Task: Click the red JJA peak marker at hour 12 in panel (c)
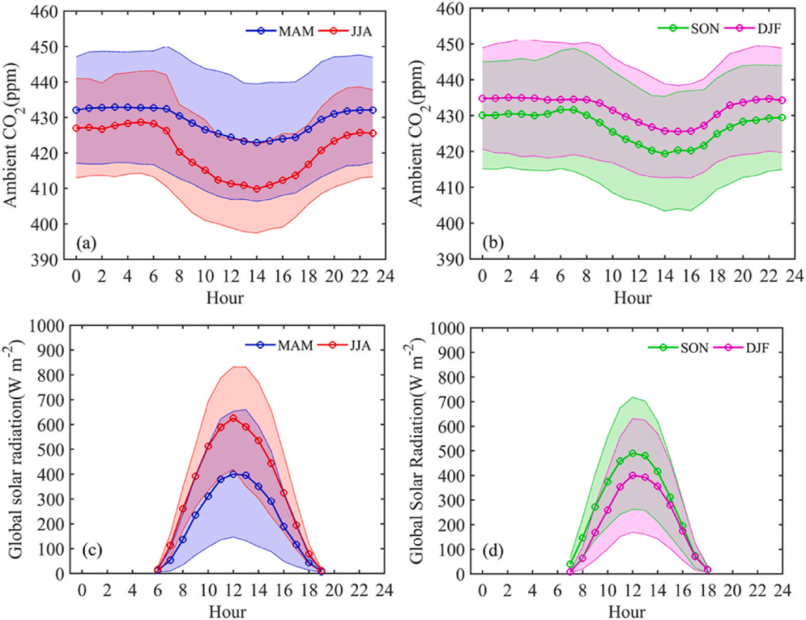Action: click(233, 419)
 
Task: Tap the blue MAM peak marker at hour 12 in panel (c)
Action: click(233, 475)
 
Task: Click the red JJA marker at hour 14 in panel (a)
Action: click(257, 189)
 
